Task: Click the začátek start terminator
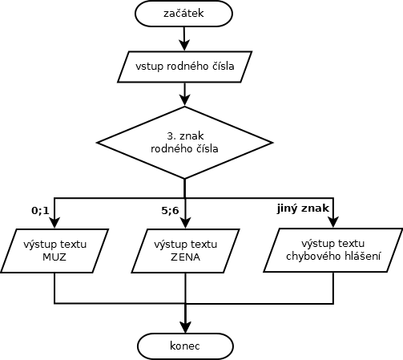183,14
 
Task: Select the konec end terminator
185,346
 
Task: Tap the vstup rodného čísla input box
185,67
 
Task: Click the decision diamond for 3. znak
184,143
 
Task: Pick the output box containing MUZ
54,251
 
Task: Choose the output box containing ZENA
185,251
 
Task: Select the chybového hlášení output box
333,250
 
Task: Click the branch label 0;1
40,211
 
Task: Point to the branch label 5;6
170,211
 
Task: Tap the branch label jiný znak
303,208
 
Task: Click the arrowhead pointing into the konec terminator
185,327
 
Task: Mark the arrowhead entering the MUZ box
54,222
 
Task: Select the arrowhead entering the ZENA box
185,222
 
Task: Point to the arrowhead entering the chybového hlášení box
333,222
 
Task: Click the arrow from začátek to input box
184,38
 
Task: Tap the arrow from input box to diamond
184,95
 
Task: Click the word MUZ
54,257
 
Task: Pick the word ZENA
185,257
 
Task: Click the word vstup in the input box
149,67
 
